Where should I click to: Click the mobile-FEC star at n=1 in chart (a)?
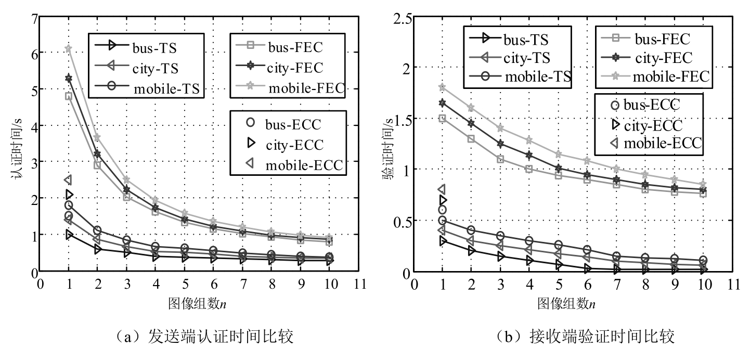tap(68, 48)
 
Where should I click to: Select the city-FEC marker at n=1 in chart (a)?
tap(68, 78)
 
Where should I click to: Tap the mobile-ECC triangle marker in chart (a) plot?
tap(68, 180)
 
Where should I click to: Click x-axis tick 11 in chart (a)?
tap(359, 284)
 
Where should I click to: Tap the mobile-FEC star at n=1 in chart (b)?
tap(442, 87)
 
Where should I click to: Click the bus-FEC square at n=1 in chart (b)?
tap(442, 118)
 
